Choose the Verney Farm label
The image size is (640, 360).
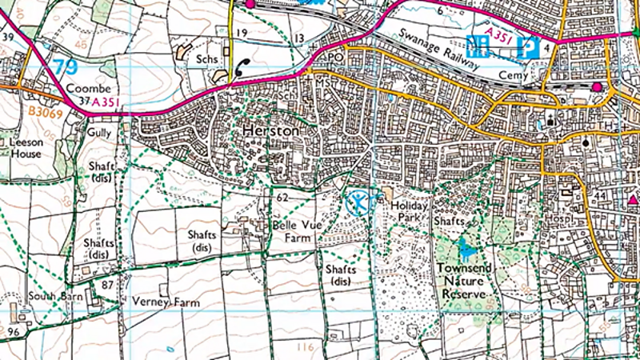(x=167, y=303)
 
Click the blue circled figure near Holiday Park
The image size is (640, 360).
(x=360, y=202)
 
